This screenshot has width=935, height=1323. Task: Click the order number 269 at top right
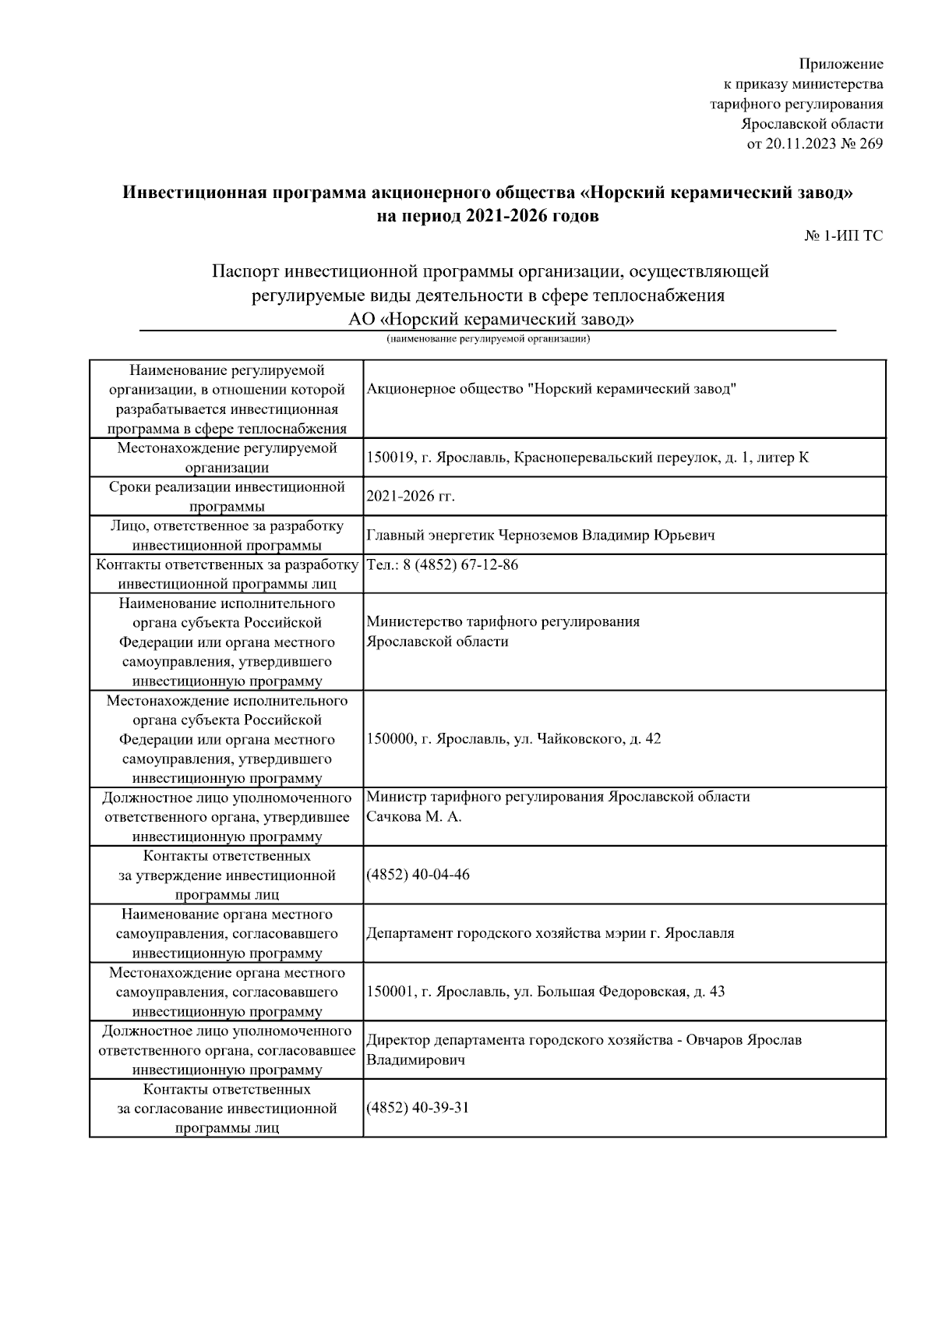click(871, 144)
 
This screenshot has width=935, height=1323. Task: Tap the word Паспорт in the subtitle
click(245, 271)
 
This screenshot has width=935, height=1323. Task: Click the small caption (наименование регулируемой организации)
click(489, 339)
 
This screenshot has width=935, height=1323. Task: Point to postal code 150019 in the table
click(390, 458)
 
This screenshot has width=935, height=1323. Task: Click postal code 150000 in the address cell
click(390, 738)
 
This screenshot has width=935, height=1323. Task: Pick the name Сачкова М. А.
click(414, 817)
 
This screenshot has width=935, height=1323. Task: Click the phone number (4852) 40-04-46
click(418, 875)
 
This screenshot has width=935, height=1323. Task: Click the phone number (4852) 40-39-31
click(418, 1108)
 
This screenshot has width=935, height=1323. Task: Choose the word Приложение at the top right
click(841, 64)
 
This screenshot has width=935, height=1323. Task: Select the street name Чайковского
click(579, 738)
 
